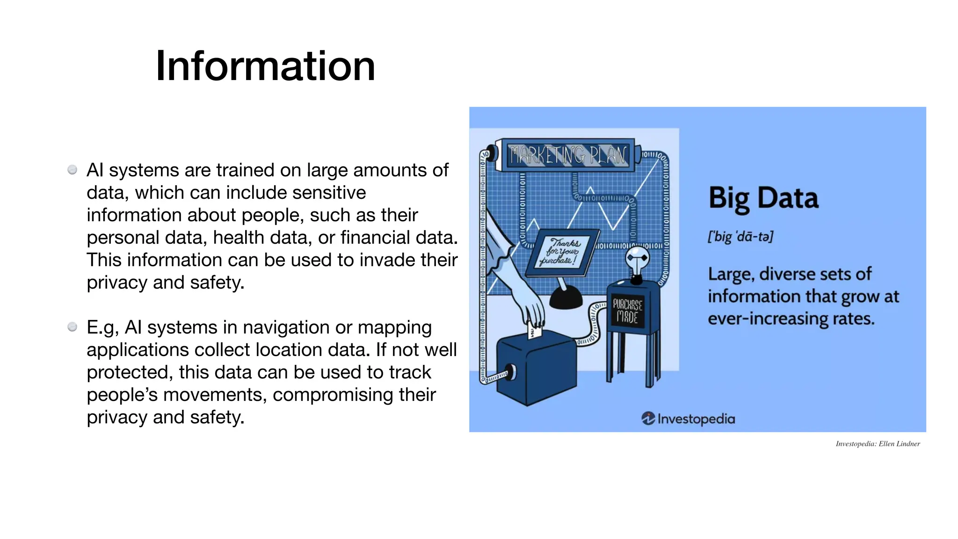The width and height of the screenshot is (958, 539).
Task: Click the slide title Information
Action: click(265, 66)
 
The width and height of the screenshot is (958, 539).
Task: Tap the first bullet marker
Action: click(72, 169)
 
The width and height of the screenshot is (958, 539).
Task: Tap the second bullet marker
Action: click(72, 327)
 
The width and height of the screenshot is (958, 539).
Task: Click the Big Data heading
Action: click(763, 198)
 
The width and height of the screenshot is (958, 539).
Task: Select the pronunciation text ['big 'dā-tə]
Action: click(740, 236)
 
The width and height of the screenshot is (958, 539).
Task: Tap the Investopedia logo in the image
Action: click(688, 418)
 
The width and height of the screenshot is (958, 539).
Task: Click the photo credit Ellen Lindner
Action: click(899, 444)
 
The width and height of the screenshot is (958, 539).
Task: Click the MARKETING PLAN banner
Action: click(567, 155)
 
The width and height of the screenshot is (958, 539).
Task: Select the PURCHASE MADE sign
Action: click(627, 311)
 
